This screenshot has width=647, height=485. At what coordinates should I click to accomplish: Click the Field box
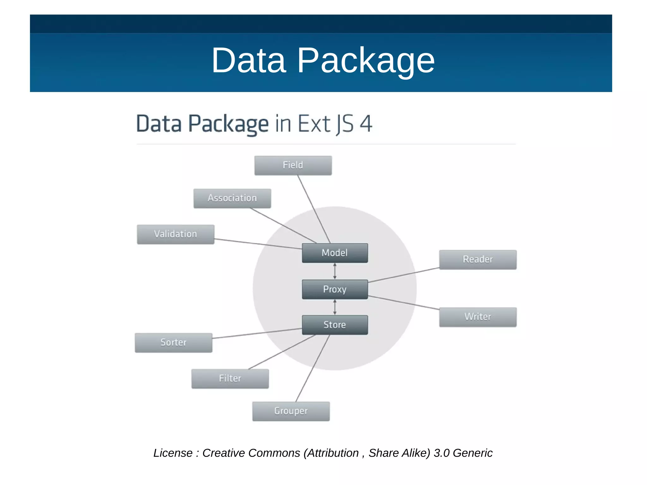[x=293, y=165]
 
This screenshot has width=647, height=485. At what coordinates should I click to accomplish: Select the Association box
[x=232, y=198]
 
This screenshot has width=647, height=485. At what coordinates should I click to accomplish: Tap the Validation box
[x=175, y=234]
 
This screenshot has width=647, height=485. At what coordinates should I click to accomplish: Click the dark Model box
[x=335, y=253]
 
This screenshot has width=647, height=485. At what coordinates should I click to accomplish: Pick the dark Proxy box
[x=335, y=289]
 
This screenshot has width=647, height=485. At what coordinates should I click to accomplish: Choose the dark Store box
[x=335, y=325]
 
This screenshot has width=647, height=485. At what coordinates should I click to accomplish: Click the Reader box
[x=478, y=259]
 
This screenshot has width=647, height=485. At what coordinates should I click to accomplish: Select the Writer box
[x=478, y=317]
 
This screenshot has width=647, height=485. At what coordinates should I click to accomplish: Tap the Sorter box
[x=173, y=343]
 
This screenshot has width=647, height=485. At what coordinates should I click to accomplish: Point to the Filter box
[x=230, y=379]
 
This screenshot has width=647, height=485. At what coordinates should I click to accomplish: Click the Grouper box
[x=291, y=411]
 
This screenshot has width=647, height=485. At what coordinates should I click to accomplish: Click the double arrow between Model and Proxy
[x=335, y=271]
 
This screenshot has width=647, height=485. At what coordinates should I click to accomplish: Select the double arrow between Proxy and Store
[x=335, y=307]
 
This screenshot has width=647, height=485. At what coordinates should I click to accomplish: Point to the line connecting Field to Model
[x=314, y=209]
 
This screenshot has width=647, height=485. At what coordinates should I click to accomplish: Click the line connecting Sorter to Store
[x=257, y=333]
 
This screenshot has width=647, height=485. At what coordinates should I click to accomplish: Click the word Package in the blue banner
[x=366, y=60]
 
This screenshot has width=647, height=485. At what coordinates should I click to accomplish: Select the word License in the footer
[x=173, y=453]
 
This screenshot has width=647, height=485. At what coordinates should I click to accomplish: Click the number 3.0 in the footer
[x=441, y=453]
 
